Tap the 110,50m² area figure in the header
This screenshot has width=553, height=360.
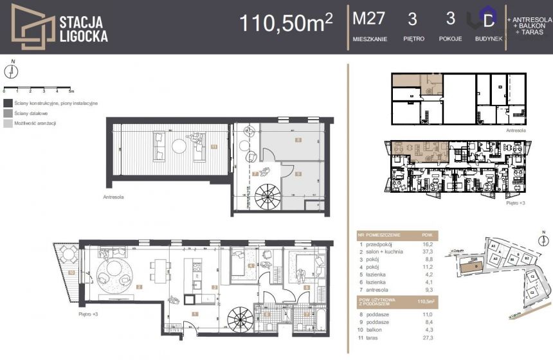pos(286,23)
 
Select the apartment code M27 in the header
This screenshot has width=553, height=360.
pos(369,19)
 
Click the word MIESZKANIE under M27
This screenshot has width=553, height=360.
pos(370,39)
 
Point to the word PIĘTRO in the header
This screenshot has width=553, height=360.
pos(413,39)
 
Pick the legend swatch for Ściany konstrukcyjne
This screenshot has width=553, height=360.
pos(7,103)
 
